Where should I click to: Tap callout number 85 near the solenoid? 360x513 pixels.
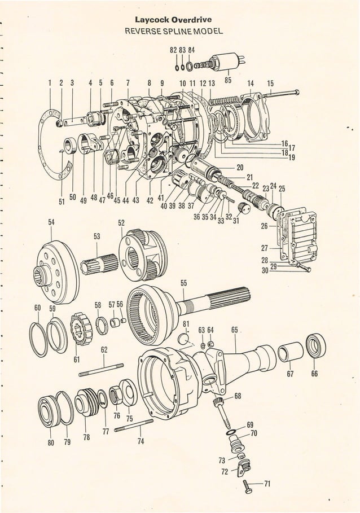pos(228,80)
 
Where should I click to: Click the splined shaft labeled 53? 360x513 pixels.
pos(100,263)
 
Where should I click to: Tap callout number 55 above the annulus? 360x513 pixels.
pos(183,283)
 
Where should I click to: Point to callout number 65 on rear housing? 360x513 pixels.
pos(234,330)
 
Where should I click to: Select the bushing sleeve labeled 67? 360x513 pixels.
pos(289,353)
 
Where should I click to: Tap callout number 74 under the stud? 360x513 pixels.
pos(141,441)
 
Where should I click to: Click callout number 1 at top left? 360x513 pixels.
pos(50,83)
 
